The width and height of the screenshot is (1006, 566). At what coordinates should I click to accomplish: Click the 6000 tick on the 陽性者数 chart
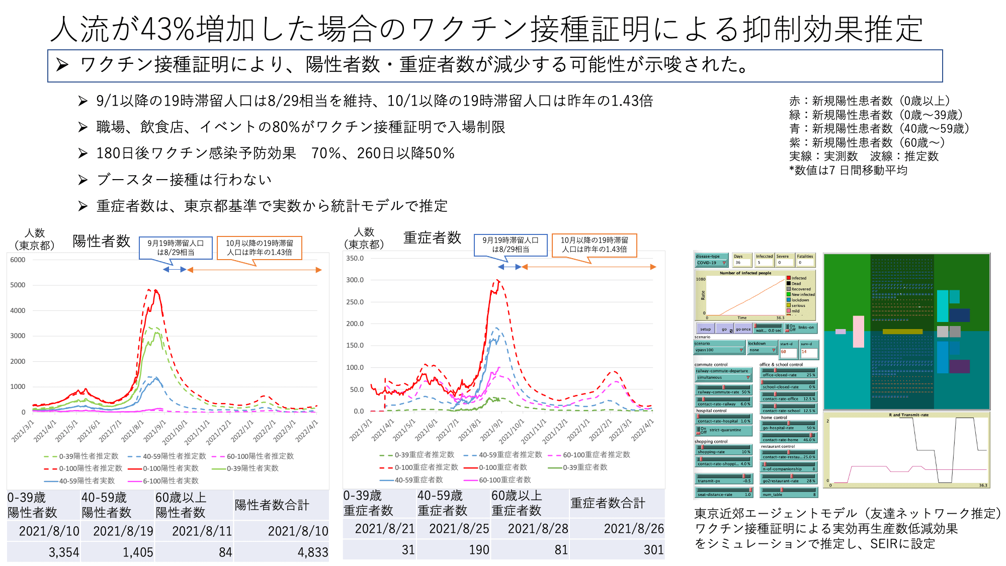click(x=18, y=260)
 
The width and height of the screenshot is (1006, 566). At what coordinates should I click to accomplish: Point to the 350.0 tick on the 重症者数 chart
click(x=355, y=258)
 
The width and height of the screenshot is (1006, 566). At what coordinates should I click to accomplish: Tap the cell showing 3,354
click(x=63, y=552)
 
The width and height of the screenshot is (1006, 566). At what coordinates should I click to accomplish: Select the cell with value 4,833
click(x=312, y=552)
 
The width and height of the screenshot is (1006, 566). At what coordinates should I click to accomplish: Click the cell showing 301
click(x=653, y=550)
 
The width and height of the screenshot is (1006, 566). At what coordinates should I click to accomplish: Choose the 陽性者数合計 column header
click(x=272, y=505)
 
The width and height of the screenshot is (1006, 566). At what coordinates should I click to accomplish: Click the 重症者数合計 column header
click(x=608, y=503)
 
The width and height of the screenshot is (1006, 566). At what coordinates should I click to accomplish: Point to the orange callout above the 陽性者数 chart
click(x=259, y=248)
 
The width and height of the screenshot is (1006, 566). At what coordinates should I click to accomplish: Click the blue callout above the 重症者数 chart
click(x=511, y=245)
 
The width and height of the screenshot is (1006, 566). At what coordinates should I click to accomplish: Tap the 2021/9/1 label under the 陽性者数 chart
click(x=154, y=431)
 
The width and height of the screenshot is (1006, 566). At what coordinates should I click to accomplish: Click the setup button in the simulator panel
click(x=705, y=329)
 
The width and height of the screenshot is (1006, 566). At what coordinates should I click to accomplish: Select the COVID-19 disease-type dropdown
click(x=711, y=263)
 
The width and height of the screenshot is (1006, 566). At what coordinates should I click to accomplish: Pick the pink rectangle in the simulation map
click(x=858, y=332)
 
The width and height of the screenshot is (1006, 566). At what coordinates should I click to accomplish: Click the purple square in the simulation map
click(x=959, y=366)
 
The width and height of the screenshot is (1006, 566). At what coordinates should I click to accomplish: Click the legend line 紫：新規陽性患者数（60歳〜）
click(x=867, y=142)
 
